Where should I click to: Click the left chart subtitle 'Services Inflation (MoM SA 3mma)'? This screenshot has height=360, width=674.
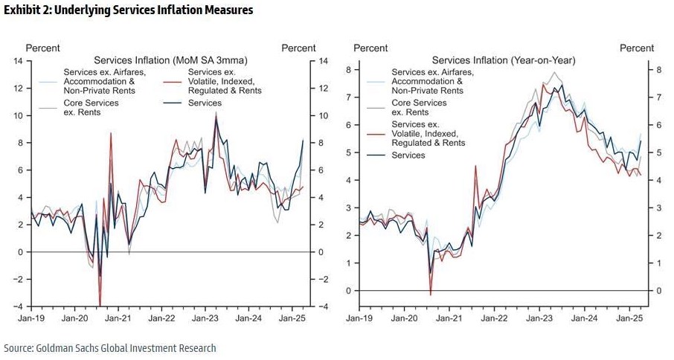[x=170, y=60]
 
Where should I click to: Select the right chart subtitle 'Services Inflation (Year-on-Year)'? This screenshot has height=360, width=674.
[x=504, y=60]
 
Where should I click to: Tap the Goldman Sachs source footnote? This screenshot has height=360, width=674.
[x=110, y=347]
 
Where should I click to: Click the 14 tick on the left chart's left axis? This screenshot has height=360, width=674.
[x=18, y=61]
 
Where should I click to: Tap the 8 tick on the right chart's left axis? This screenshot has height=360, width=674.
[x=348, y=70]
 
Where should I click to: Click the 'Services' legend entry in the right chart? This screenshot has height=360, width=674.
[x=408, y=155]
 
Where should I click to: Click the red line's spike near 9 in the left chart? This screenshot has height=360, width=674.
[x=110, y=134]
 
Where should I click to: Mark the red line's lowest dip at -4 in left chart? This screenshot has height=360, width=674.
[x=100, y=304]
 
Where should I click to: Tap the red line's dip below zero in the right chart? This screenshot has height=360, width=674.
[x=431, y=295]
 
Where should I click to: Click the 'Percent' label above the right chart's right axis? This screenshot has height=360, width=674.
[x=637, y=48]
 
